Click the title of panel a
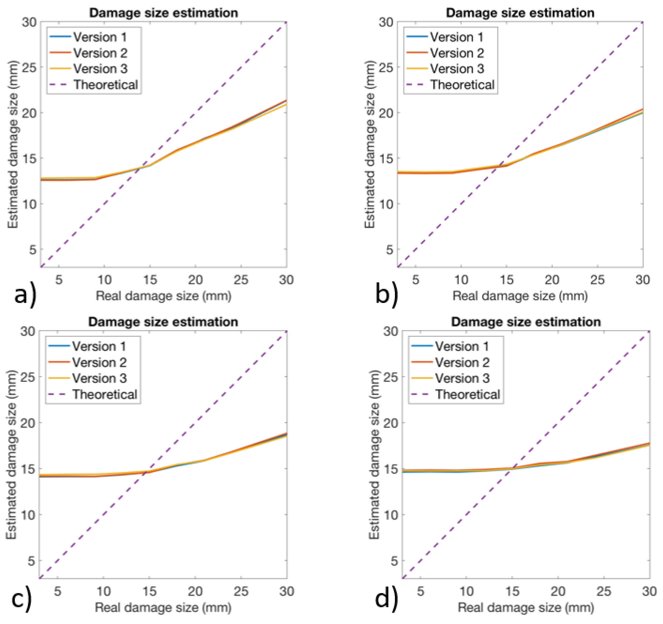[x=163, y=13]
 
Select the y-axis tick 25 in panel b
[x=386, y=67]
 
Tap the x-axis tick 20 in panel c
[x=195, y=591]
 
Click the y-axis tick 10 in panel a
[x=29, y=204]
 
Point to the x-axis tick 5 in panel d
[x=421, y=591]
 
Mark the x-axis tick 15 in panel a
[x=150, y=280]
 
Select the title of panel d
[x=526, y=322]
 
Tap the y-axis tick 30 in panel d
[x=390, y=331]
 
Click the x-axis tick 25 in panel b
[x=597, y=280]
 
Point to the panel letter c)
[x=22, y=599]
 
